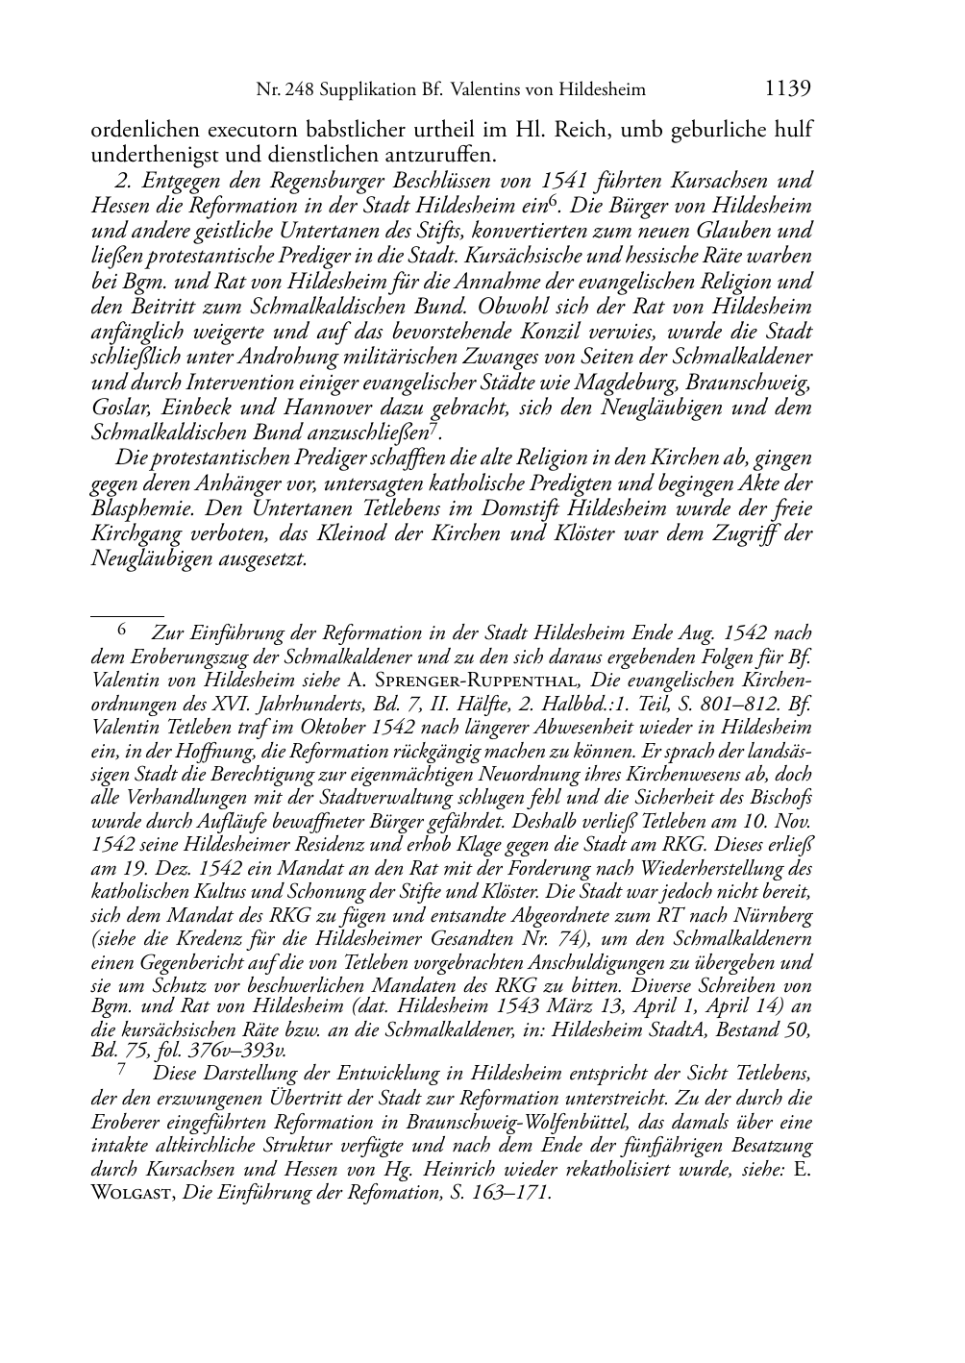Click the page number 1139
(x=787, y=89)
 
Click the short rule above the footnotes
(x=127, y=611)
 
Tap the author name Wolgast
(x=131, y=1193)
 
